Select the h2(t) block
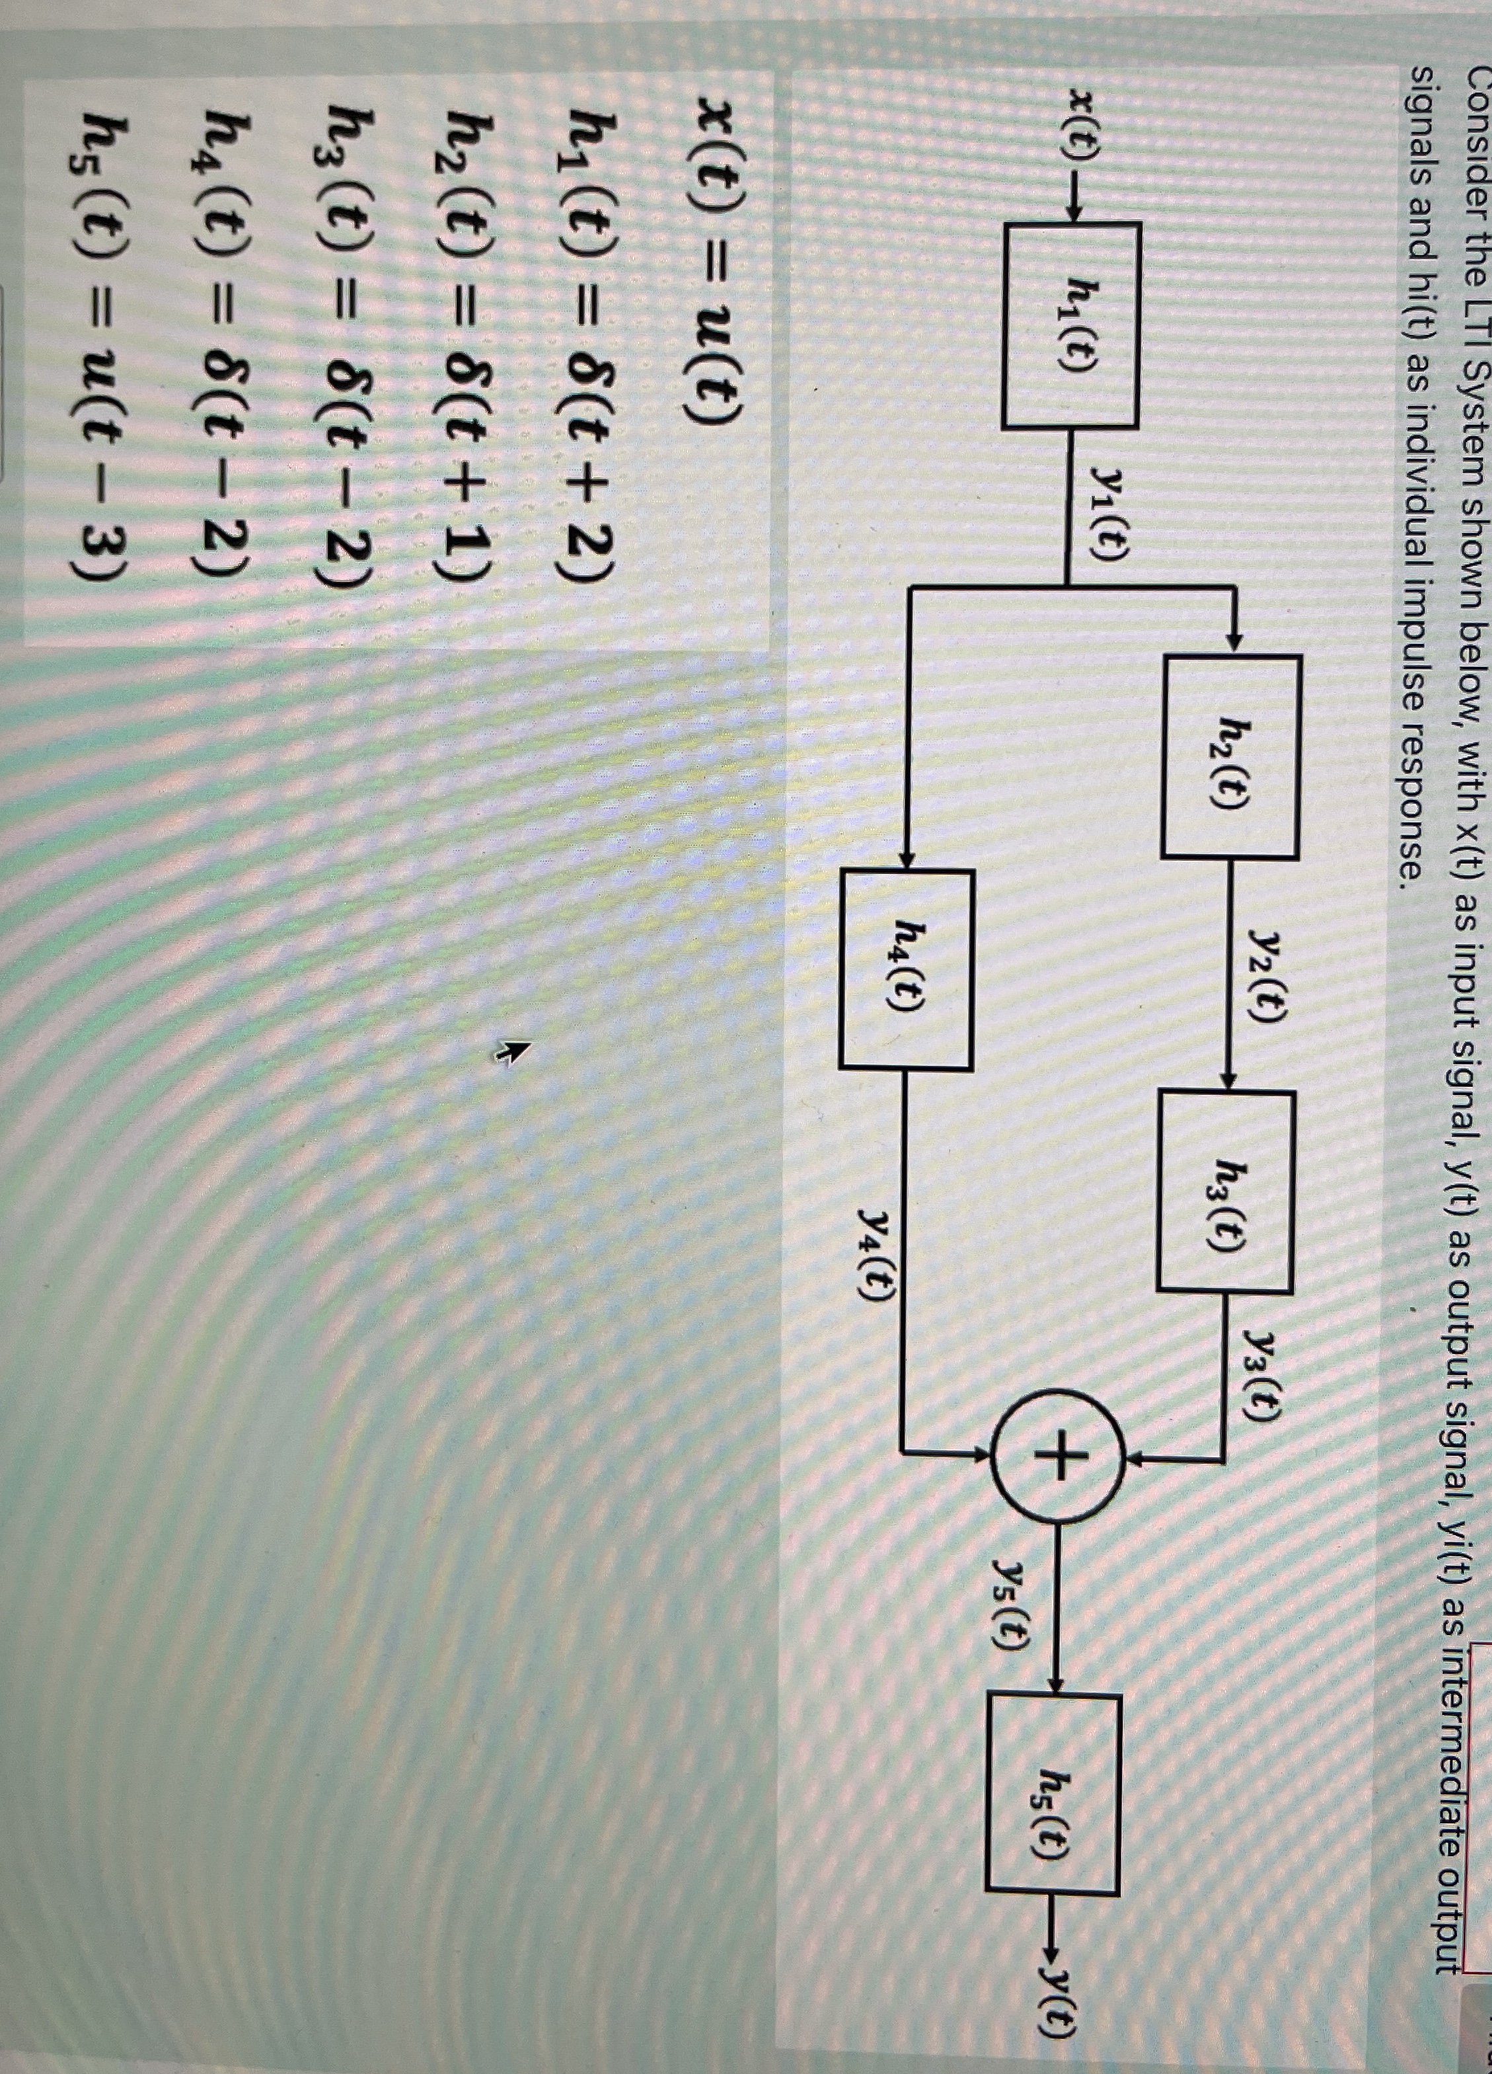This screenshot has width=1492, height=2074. (x=1230, y=757)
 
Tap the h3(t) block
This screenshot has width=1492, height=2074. (x=1226, y=1191)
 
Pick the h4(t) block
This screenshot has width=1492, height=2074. (x=905, y=969)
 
